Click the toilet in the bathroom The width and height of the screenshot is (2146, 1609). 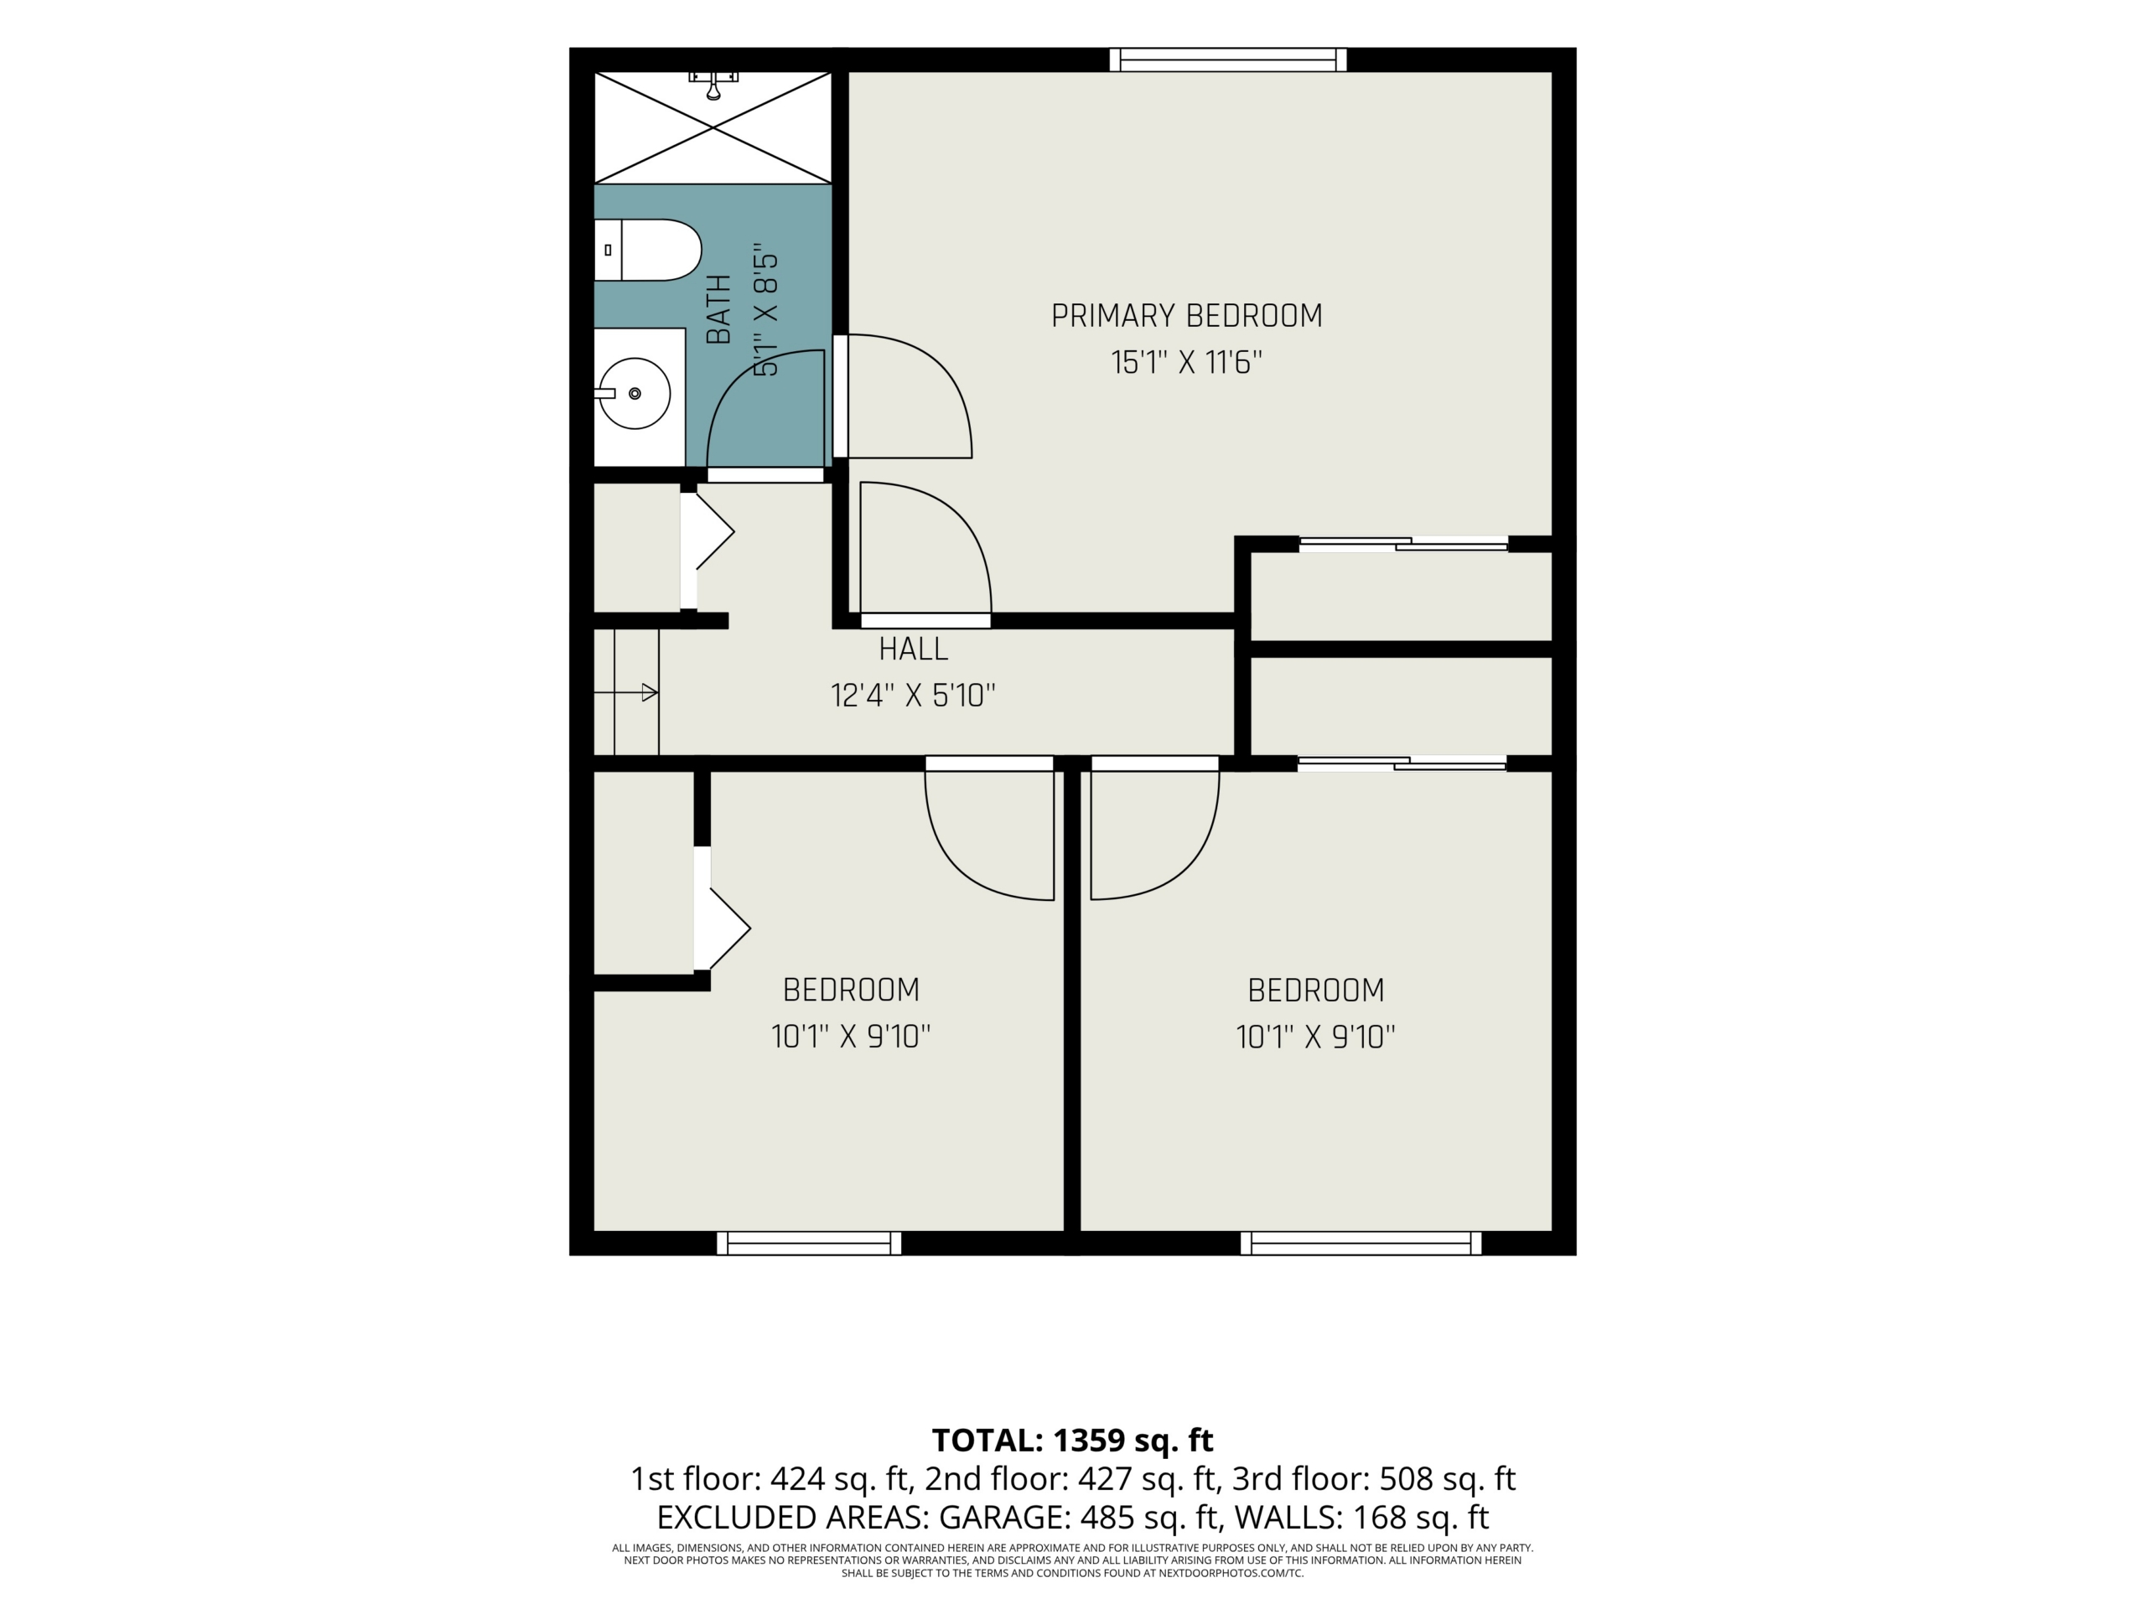coord(647,251)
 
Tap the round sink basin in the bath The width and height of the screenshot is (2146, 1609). coord(635,394)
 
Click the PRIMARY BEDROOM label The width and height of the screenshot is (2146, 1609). coord(1186,316)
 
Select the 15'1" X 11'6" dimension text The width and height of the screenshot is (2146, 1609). coord(1186,363)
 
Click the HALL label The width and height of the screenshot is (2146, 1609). coord(913,649)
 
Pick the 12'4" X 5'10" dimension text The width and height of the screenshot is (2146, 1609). coord(913,696)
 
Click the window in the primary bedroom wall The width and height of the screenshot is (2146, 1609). coord(1228,60)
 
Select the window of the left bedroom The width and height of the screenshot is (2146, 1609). coord(809,1244)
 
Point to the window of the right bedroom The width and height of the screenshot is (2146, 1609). coord(1361,1244)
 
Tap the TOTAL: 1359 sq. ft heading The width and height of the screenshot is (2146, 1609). coord(1073,1441)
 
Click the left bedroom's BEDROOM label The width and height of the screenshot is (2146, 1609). coord(851,991)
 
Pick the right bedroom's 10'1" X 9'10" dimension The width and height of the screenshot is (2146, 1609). coord(1315,1037)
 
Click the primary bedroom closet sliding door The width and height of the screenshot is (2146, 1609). coord(1404,544)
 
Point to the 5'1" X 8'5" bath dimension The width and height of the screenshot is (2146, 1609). coord(766,309)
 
